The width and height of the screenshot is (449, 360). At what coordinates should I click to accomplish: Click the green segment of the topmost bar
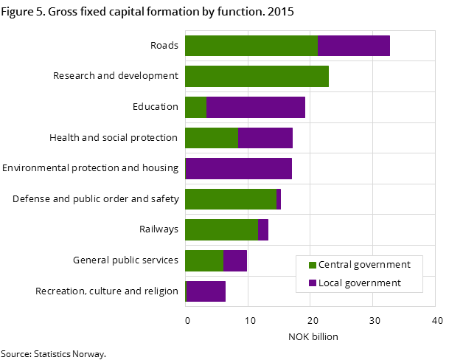251,46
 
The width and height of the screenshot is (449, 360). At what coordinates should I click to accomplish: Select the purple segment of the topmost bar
354,46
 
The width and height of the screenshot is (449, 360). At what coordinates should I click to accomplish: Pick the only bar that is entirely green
257,77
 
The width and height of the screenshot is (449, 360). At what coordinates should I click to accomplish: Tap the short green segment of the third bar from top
195,108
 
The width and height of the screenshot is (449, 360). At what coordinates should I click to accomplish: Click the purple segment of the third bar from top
256,108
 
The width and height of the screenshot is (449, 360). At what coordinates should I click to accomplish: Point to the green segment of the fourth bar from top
212,138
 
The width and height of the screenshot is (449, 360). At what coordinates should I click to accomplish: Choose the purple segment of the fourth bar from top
265,138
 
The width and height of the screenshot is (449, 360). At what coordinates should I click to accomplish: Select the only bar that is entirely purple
238,169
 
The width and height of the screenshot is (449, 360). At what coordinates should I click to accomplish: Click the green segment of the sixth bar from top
231,199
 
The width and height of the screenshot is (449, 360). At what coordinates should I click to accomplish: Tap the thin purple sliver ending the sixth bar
279,199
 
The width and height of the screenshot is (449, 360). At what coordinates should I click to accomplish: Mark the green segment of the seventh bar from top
221,230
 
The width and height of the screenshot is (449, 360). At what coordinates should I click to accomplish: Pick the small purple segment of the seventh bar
263,230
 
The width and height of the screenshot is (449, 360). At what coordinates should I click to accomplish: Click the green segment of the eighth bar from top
204,261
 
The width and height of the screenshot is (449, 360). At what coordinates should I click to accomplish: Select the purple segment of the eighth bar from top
235,261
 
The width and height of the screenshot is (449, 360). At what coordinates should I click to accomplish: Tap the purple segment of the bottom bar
206,291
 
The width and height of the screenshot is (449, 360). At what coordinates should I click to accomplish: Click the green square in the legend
313,265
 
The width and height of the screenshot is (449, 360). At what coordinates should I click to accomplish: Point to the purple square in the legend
313,283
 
